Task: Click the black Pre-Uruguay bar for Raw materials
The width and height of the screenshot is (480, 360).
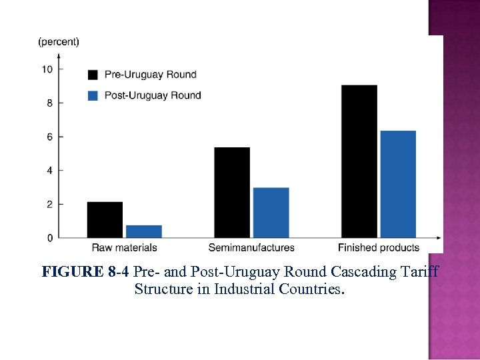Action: [105, 219]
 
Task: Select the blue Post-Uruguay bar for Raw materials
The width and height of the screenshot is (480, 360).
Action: [143, 231]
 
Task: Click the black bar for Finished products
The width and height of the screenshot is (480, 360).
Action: [359, 161]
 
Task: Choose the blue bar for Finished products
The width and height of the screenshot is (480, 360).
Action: [398, 184]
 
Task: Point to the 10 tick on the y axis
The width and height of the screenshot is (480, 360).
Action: [47, 69]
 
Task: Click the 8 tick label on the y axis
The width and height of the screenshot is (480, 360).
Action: [49, 103]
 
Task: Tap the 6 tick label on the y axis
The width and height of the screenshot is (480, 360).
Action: [49, 137]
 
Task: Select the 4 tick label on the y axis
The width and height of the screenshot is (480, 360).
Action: [49, 171]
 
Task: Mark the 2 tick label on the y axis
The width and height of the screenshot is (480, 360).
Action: [49, 204]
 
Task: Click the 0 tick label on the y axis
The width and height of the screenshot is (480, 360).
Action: [49, 238]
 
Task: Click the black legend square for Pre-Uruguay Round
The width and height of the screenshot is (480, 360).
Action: [93, 74]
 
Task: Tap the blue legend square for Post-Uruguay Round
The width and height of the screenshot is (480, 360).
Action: [93, 95]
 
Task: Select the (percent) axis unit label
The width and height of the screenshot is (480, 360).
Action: [59, 41]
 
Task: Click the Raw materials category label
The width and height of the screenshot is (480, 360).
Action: [124, 248]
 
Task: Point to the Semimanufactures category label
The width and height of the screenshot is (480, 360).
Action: [251, 248]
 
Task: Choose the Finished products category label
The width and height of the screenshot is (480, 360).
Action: [379, 248]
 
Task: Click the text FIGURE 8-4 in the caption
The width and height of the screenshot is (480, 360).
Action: [85, 272]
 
